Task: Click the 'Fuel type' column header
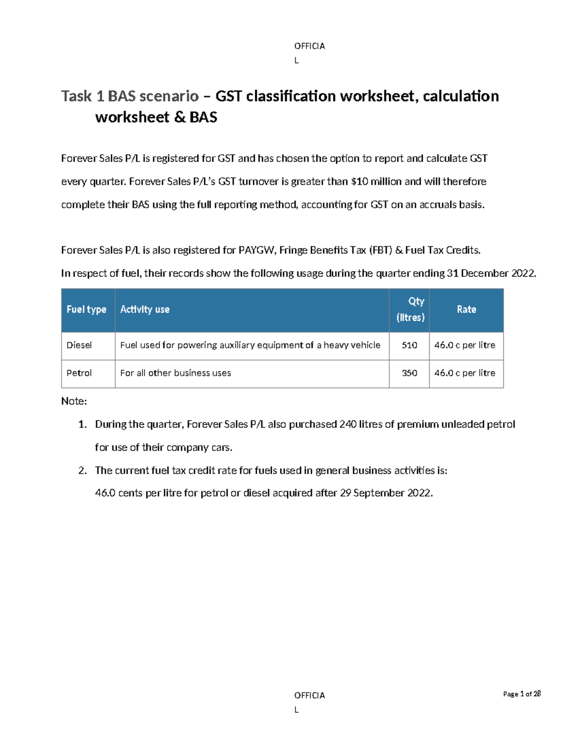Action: point(86,310)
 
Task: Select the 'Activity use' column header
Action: point(144,310)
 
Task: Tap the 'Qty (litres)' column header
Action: point(410,309)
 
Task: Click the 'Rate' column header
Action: point(466,310)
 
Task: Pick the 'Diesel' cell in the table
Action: point(79,345)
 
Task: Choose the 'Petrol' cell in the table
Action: point(79,373)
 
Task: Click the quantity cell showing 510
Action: point(409,345)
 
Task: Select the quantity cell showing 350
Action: point(409,373)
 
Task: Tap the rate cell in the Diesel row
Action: point(465,345)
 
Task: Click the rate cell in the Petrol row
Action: point(465,373)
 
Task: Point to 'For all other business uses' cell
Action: point(175,373)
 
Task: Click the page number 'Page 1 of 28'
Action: point(522,694)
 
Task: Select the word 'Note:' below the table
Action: point(74,401)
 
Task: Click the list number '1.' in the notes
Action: point(82,424)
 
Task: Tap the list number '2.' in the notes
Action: point(82,471)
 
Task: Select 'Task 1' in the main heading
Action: point(82,96)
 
